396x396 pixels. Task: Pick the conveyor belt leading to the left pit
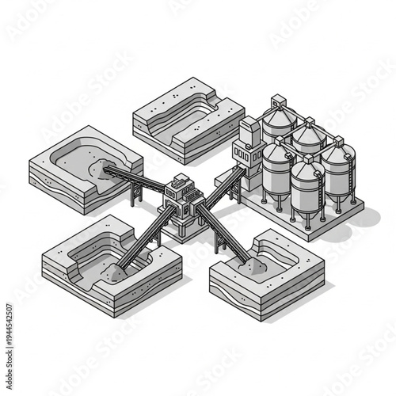click(x=139, y=181)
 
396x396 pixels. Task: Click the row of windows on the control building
click(x=242, y=155)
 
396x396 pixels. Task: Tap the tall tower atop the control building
click(x=250, y=131)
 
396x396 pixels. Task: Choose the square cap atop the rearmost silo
click(x=277, y=100)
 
